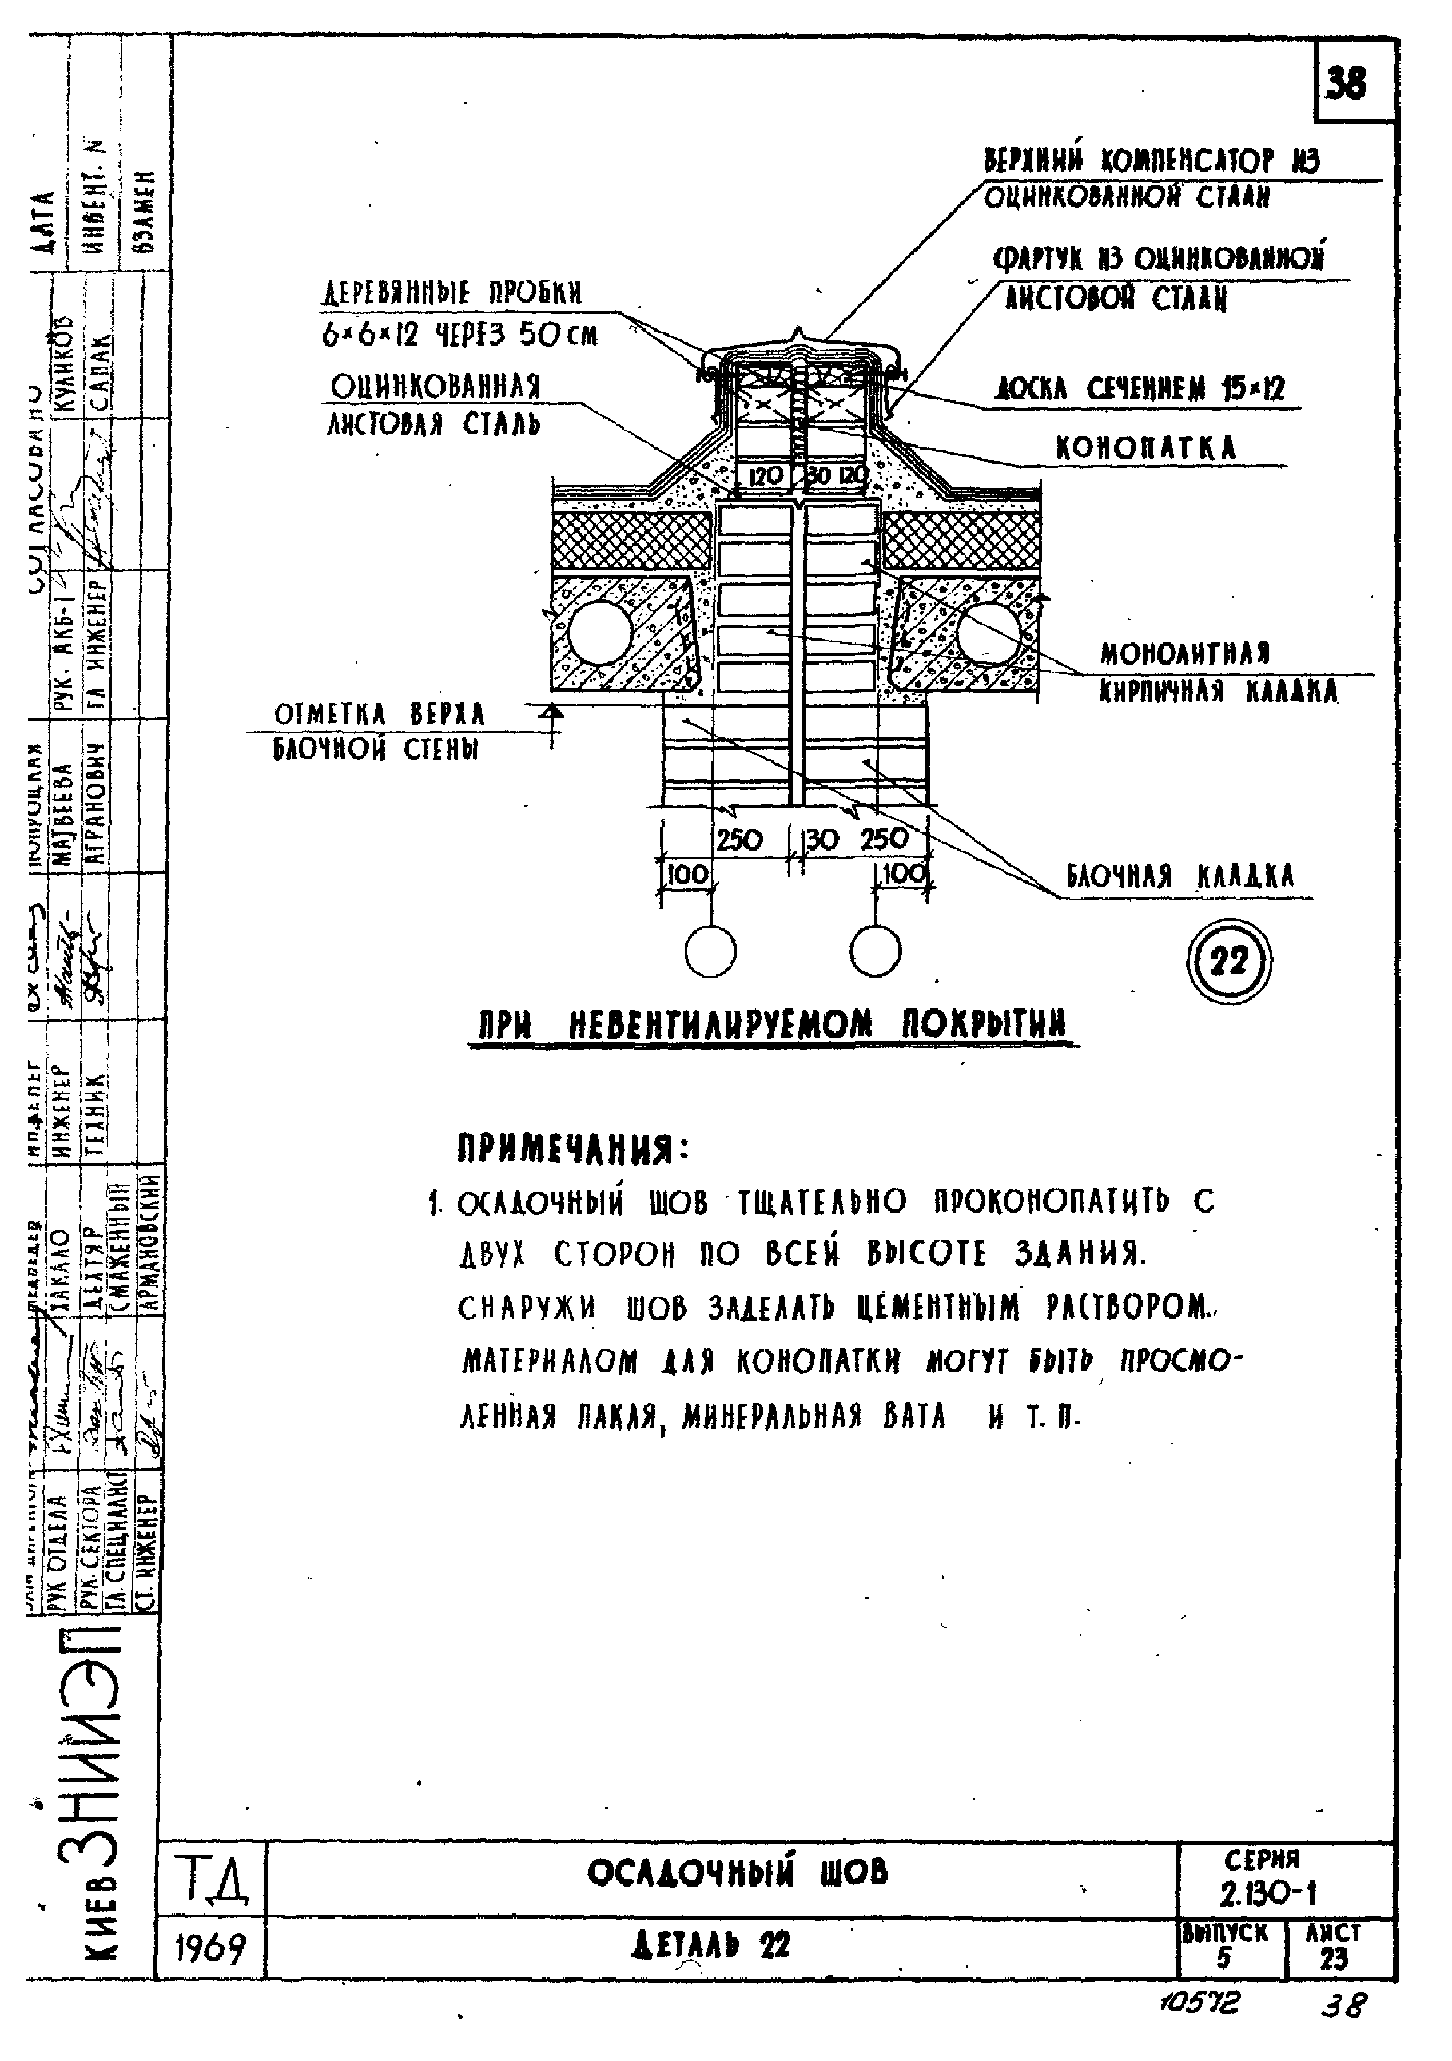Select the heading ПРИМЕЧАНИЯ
point(574,1149)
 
